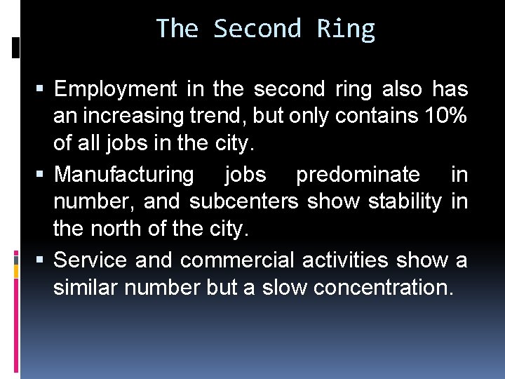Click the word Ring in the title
click(346, 29)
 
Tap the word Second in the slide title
click(257, 29)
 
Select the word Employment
click(116, 90)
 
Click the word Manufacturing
click(124, 174)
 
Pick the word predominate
click(358, 174)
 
